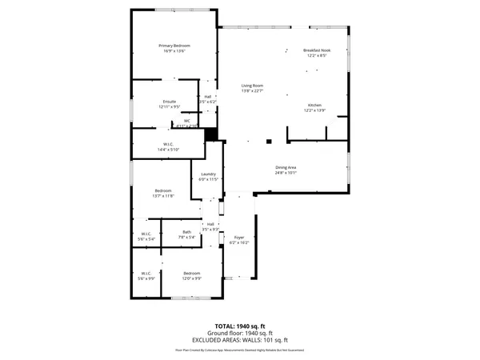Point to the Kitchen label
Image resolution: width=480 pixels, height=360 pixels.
coord(315,107)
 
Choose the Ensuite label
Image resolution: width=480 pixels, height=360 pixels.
coord(169,103)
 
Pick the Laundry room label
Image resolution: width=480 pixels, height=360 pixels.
coord(209,176)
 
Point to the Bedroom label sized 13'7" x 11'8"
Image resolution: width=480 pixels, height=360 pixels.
coord(163,192)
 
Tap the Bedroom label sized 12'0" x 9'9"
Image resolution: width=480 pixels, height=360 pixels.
coord(191,275)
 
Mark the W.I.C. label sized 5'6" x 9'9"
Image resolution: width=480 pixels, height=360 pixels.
coord(146,275)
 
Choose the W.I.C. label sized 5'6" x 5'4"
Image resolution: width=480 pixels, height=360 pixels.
coord(146,235)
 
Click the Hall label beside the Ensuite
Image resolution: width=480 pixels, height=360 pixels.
coord(207,99)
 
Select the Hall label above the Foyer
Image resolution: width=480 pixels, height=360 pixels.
coord(210,226)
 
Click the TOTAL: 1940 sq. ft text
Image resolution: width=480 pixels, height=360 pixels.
coord(240,327)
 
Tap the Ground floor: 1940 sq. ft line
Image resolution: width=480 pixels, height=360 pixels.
coord(240,333)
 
